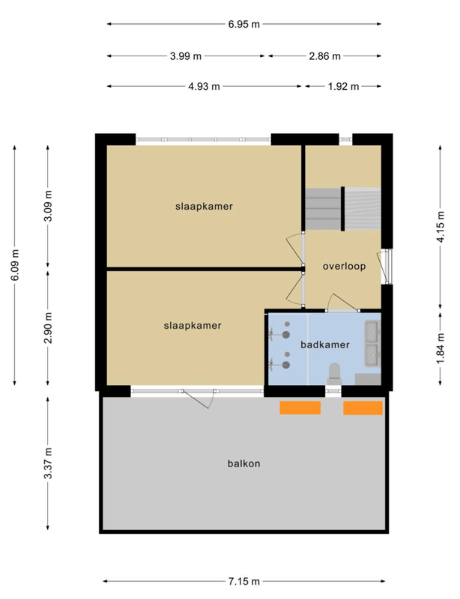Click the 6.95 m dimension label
point(244,24)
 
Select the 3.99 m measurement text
point(186,56)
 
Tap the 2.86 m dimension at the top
point(325,56)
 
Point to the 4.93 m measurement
point(205,86)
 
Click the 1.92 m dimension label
point(343,86)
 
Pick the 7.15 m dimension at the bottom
point(244,582)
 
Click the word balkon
point(243,463)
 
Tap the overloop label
point(344,266)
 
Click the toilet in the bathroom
point(335,372)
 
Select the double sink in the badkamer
point(372,341)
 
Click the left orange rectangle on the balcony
point(300,407)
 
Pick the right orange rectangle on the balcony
point(363,407)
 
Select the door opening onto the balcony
point(196,397)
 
